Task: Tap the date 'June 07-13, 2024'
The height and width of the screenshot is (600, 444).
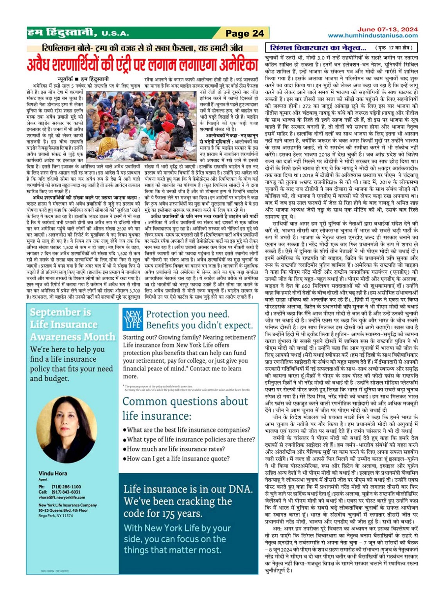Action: [387, 29]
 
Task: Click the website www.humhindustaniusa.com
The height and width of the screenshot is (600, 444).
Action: [372, 36]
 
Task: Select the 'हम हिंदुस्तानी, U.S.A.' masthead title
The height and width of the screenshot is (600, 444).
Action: [78, 32]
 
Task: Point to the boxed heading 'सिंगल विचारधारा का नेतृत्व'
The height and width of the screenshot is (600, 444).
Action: [318, 48]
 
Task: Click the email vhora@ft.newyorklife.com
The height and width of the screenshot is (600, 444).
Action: [61, 497]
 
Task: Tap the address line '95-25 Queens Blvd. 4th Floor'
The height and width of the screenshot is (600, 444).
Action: [63, 510]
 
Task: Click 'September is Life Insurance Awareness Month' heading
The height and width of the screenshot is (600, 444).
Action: [73, 324]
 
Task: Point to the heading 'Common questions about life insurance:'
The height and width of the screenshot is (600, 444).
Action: [185, 408]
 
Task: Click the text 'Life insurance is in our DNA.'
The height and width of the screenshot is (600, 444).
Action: [188, 489]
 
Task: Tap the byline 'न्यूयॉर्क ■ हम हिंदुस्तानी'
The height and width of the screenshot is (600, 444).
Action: [83, 79]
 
